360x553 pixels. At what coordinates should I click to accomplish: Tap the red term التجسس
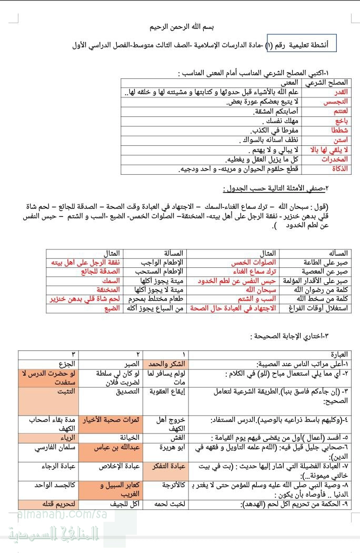pos(338,102)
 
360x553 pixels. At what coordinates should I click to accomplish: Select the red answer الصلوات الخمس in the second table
pos(261,263)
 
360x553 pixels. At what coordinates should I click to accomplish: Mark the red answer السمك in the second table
pos(111,281)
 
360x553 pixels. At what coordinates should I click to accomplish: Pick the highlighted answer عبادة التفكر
pos(167,466)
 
